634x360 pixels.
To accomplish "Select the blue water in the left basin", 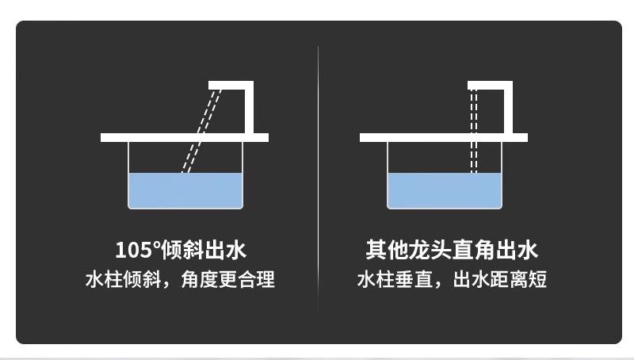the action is (x=185, y=190).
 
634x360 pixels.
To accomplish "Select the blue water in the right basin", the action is (x=444, y=190).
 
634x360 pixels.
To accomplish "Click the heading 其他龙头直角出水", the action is (x=451, y=251).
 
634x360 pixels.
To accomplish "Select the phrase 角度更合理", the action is (x=235, y=280).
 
